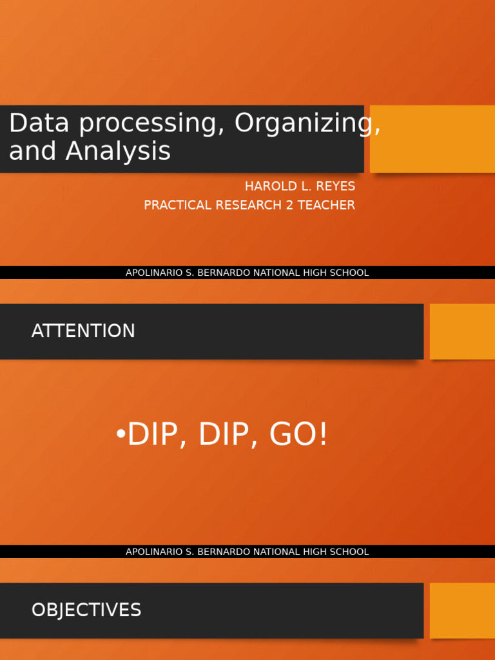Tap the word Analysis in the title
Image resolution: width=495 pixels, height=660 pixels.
pyautogui.click(x=118, y=151)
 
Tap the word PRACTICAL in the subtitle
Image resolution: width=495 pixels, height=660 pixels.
pyautogui.click(x=178, y=205)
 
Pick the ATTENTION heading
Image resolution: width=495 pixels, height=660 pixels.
pyautogui.click(x=83, y=331)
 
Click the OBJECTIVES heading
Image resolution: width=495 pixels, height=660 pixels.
pyautogui.click(x=86, y=610)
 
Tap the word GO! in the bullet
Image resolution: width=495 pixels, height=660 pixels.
pyautogui.click(x=299, y=435)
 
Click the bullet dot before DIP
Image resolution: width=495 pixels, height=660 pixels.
pyautogui.click(x=121, y=435)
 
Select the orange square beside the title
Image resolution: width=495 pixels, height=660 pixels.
pyautogui.click(x=432, y=139)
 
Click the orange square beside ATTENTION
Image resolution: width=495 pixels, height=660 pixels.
pyautogui.click(x=462, y=331)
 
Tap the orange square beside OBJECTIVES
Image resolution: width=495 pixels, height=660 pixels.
pyautogui.click(x=462, y=610)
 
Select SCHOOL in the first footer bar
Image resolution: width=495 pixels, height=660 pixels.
pyautogui.click(x=348, y=273)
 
